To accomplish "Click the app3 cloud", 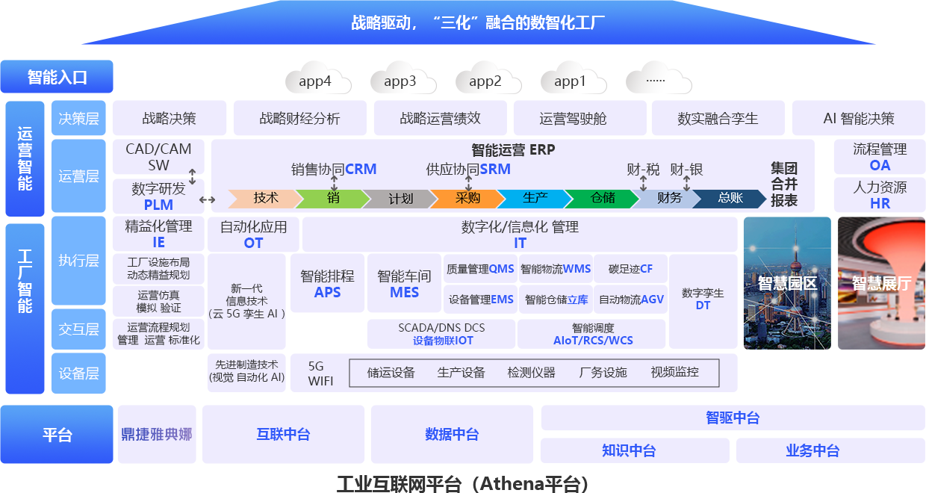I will point(400,81).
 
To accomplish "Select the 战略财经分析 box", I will point(299,118).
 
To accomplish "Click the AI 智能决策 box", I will point(858,118).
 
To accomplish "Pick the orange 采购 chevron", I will point(467,199).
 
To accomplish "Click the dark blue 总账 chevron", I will point(729,199).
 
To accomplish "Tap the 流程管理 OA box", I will point(880,157).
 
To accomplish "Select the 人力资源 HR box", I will point(880,194).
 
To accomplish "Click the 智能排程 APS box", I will point(327,284).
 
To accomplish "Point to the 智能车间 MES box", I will point(404,284).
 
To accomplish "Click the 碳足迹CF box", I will point(630,269).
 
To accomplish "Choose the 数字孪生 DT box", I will point(703,300).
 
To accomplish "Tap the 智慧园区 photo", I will point(787,283).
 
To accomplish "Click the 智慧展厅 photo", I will point(881,283).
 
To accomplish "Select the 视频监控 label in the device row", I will point(674,373).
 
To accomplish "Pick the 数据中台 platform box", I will point(451,434).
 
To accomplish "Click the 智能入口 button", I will point(57,77).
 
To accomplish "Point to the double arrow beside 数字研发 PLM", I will point(207,199).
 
